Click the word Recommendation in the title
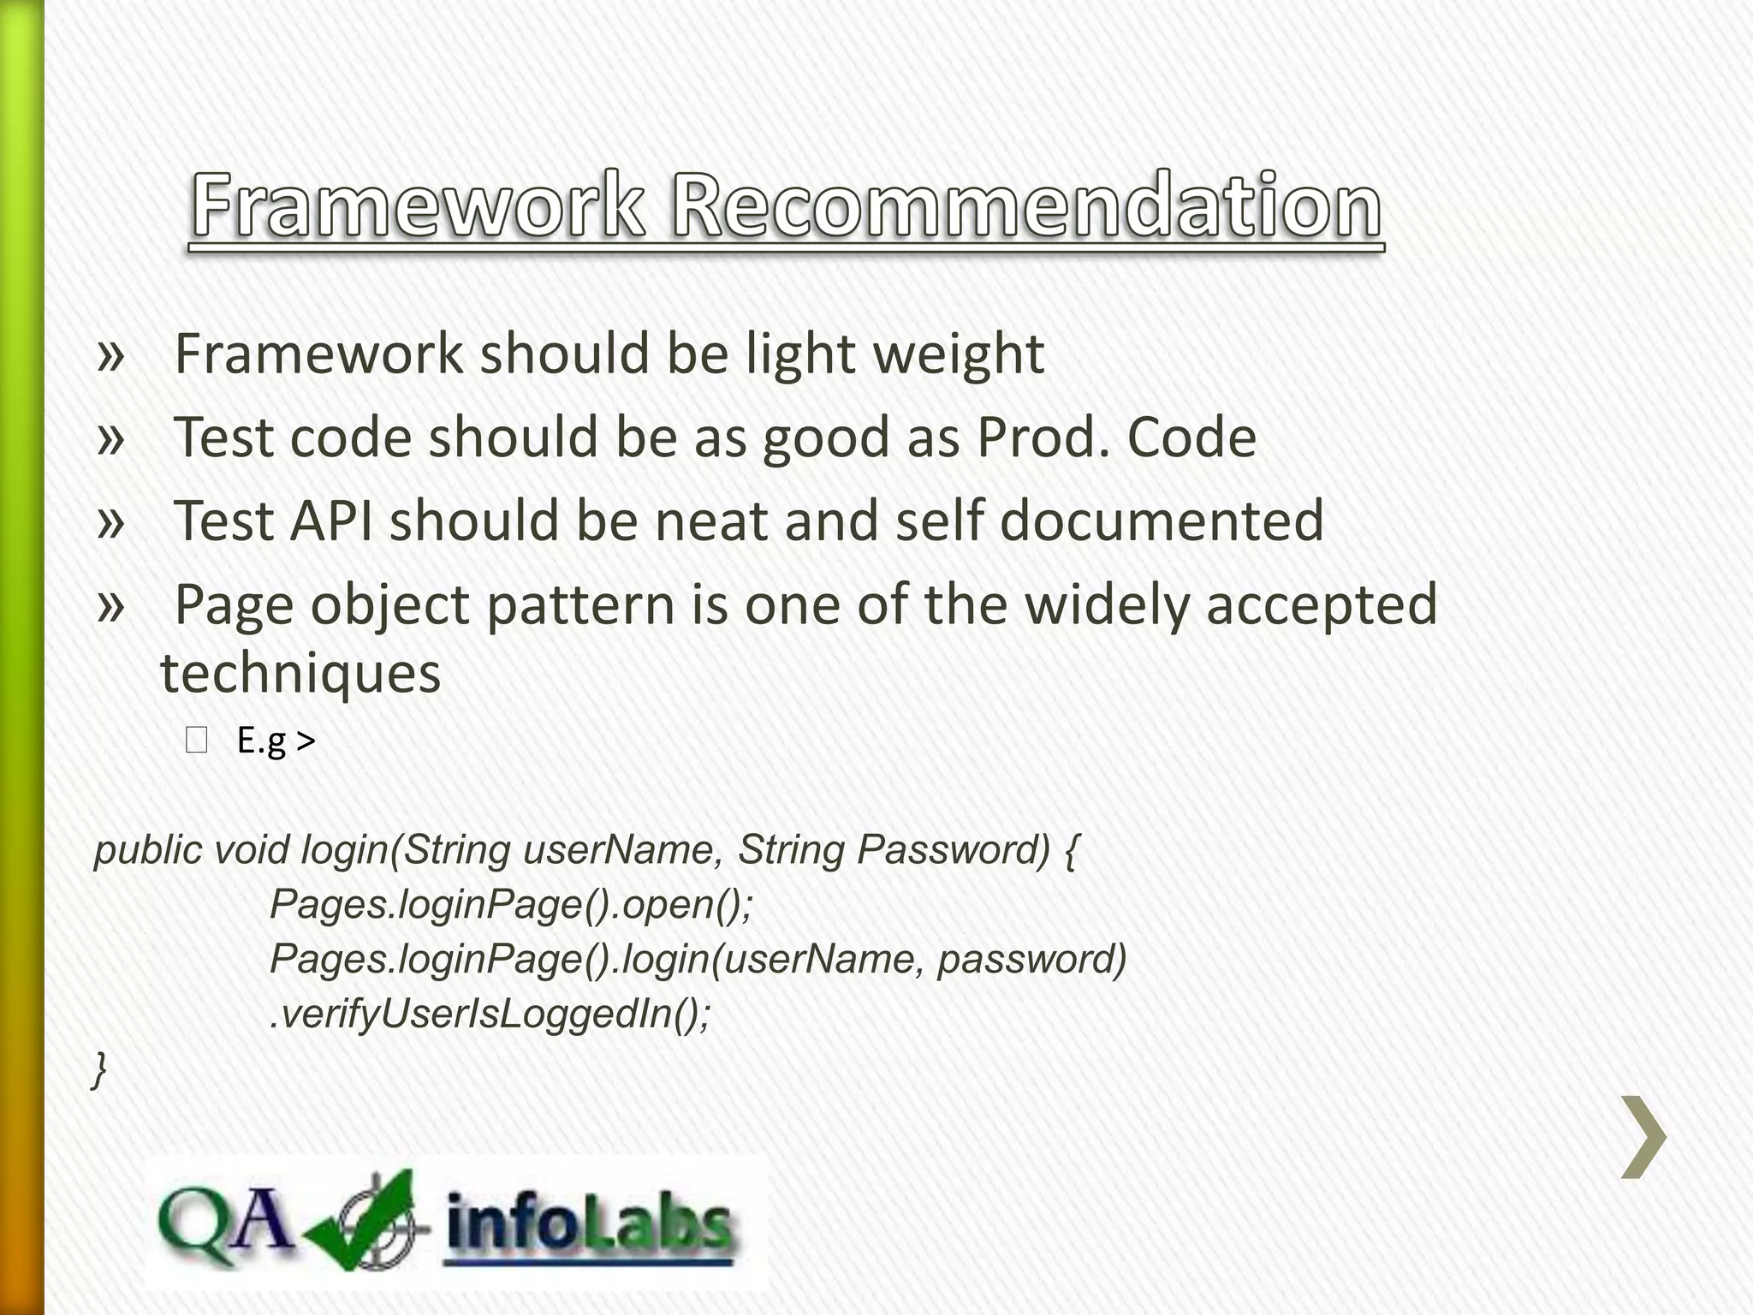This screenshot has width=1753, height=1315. (x=1025, y=206)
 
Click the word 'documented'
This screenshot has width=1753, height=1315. (x=1162, y=521)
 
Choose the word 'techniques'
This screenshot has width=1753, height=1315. (x=300, y=673)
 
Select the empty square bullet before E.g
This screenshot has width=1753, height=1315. (x=196, y=741)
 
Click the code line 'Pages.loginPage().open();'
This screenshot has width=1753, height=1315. (x=511, y=904)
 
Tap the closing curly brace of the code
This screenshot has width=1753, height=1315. (x=100, y=1069)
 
